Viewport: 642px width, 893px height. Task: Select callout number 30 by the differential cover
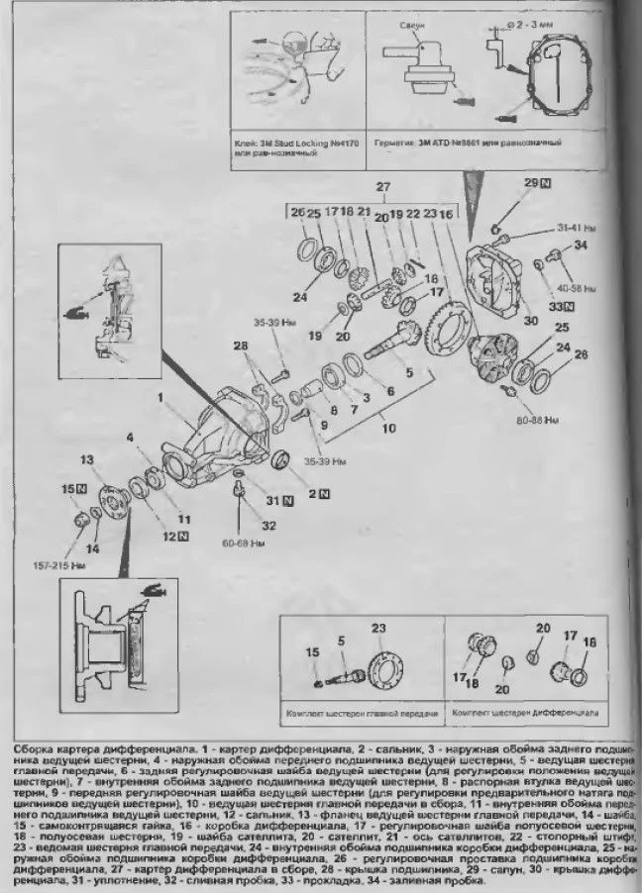(x=531, y=321)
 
